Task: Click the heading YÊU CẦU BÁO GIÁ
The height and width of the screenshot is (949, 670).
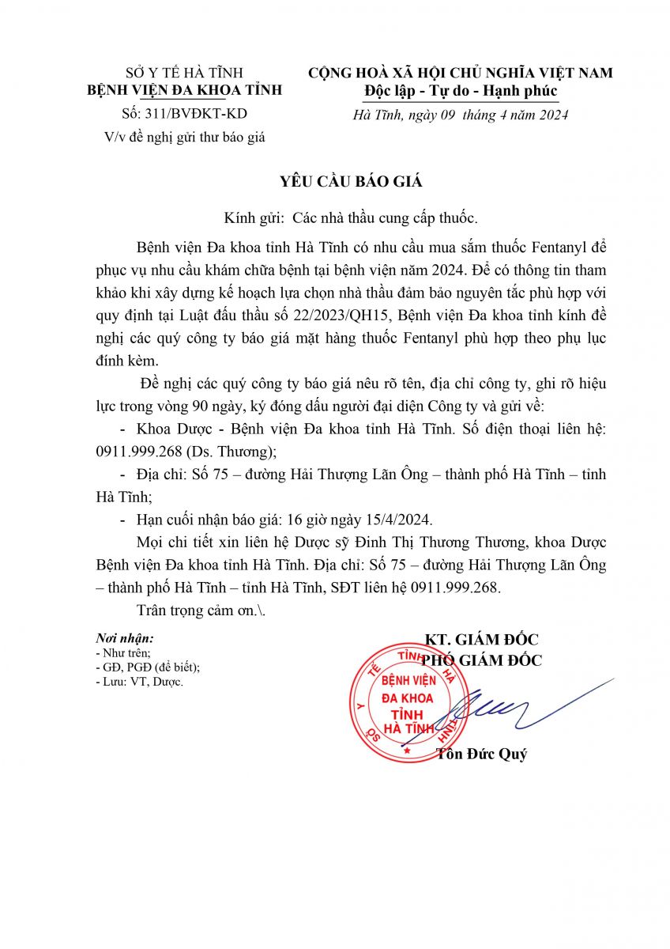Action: [351, 181]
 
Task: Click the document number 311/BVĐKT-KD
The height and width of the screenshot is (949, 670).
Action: [199, 113]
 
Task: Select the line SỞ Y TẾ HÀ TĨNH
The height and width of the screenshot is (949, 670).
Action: [184, 74]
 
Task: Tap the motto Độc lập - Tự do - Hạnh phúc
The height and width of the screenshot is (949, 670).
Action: [461, 91]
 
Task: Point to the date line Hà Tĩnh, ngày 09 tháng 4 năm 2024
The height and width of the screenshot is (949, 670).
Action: [460, 115]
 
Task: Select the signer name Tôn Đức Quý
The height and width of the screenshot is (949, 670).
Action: [482, 754]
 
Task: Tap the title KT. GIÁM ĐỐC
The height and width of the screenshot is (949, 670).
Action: [482, 640]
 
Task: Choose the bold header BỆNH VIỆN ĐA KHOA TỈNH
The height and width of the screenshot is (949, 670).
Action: [184, 90]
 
